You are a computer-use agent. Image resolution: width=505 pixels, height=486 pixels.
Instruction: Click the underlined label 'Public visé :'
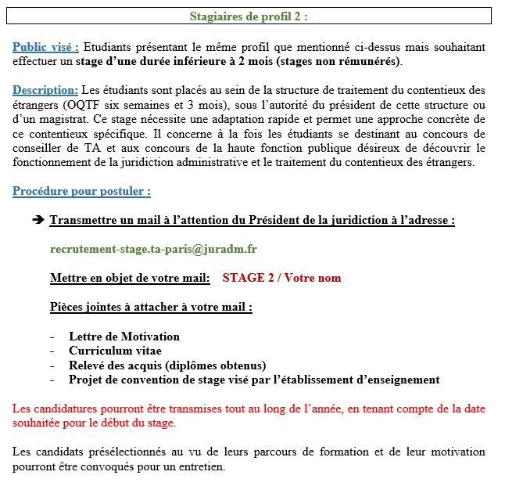[46, 47]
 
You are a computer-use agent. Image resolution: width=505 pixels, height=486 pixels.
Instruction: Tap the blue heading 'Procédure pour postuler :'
[82, 191]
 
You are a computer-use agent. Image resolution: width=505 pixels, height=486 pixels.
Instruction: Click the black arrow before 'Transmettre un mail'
[38, 221]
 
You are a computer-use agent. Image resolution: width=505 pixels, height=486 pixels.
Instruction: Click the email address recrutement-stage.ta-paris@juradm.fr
[153, 249]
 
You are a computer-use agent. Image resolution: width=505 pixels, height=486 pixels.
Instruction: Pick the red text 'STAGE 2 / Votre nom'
[281, 278]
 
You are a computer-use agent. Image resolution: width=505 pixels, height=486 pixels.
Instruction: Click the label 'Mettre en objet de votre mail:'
[130, 278]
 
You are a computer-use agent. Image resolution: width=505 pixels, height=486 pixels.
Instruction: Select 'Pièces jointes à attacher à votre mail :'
[151, 307]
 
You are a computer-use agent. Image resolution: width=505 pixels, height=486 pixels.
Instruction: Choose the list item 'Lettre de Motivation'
[124, 337]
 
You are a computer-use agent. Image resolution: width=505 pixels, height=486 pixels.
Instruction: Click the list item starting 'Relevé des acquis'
[167, 365]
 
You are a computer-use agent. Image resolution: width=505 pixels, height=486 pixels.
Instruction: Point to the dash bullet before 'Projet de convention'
[52, 380]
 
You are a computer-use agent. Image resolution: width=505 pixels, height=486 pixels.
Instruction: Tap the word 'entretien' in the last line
[199, 467]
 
